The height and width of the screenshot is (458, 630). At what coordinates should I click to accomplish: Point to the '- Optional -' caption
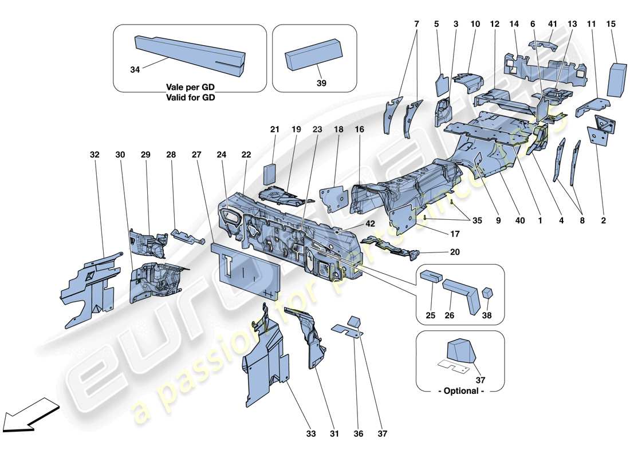coord(461,390)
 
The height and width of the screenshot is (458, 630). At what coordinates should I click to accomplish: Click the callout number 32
coord(94,155)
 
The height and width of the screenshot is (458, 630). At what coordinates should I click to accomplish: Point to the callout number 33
coord(310,433)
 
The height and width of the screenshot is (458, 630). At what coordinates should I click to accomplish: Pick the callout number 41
coord(552,24)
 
